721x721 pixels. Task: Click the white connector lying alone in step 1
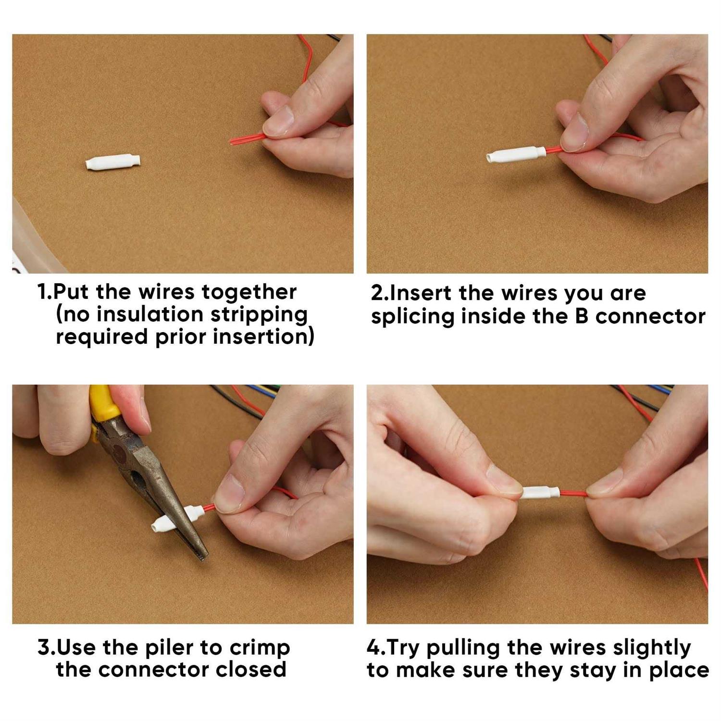tap(113, 162)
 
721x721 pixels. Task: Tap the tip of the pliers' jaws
tap(201, 556)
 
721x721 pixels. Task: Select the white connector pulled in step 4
tap(541, 493)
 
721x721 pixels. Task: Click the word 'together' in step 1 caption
tap(249, 292)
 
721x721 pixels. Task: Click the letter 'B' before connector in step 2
tap(582, 316)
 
